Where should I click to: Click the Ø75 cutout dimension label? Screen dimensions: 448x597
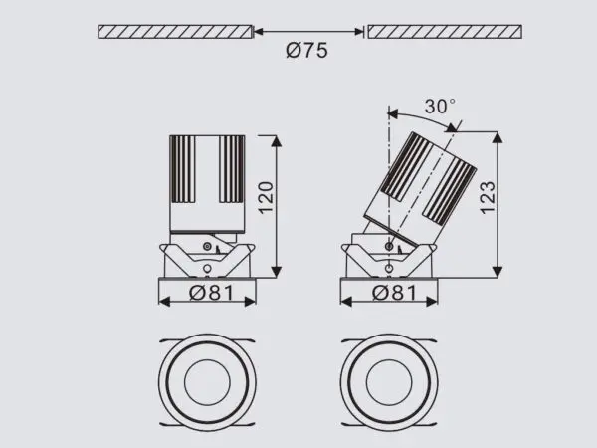308,51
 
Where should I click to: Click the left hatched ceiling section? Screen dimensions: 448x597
174,32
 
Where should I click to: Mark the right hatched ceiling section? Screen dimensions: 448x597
444,32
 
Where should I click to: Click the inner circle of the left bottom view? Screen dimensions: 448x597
208,382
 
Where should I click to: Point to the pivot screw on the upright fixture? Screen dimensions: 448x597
207,246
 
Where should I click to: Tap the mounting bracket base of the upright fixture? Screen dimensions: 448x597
208,262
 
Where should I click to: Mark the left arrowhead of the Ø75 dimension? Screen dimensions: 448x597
258,32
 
